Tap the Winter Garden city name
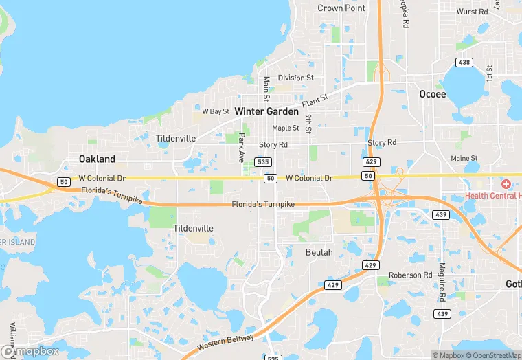(x=266, y=111)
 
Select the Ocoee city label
(x=433, y=94)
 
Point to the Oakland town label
(x=97, y=159)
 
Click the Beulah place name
(x=319, y=252)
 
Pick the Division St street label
(x=295, y=78)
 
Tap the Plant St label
(x=315, y=100)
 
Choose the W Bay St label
(x=215, y=111)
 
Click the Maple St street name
(x=286, y=128)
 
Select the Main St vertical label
(x=266, y=88)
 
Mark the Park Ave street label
(x=241, y=148)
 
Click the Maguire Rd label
(x=442, y=281)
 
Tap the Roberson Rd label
(x=410, y=275)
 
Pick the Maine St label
(x=464, y=159)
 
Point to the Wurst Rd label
(x=472, y=12)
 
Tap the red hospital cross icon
(x=506, y=184)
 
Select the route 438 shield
(x=465, y=63)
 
